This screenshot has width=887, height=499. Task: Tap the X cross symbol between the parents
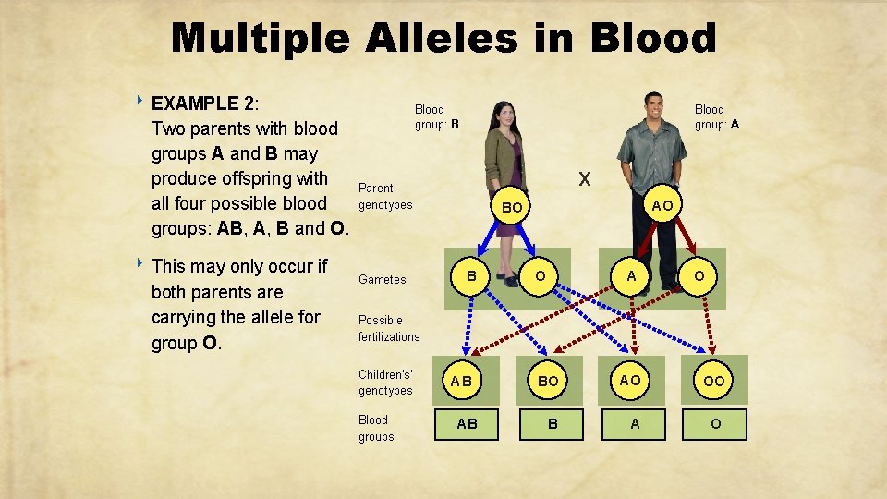584,178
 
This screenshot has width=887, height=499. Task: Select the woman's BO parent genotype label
512,209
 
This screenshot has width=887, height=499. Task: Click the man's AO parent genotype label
662,205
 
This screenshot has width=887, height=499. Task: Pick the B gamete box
471,275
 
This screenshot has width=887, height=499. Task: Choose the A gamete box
631,275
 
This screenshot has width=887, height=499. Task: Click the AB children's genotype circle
461,380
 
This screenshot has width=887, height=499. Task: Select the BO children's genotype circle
548,380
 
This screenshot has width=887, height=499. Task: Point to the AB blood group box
468,424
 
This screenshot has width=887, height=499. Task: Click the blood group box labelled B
552,424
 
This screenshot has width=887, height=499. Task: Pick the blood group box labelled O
714,424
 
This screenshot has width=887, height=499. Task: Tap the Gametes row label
382,279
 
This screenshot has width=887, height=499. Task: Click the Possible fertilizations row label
389,328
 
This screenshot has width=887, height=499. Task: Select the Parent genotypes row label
384,196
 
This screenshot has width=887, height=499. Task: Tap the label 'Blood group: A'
716,116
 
